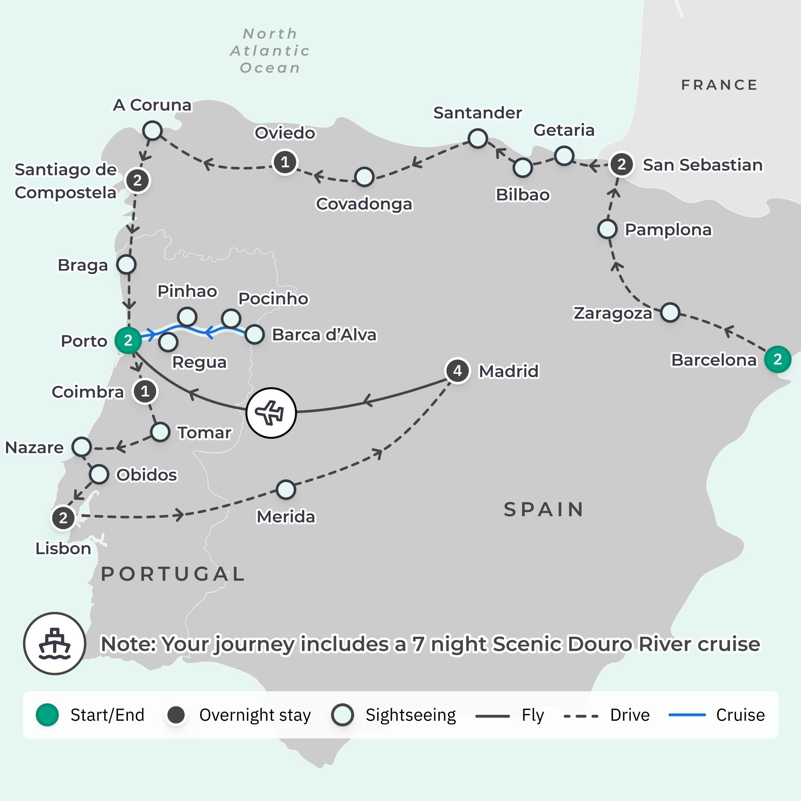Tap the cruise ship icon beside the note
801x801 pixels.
(54, 643)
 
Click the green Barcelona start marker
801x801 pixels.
(777, 359)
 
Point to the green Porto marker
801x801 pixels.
(128, 340)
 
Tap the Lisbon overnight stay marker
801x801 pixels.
(63, 518)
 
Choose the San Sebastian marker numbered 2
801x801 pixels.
(621, 165)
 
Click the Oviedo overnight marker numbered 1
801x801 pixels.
(285, 162)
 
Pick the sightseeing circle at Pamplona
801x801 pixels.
(607, 229)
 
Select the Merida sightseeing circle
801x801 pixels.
(286, 489)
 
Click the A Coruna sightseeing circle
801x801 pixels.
(152, 131)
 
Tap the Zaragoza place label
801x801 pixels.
(612, 313)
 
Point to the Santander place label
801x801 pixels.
(477, 113)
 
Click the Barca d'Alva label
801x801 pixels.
(324, 334)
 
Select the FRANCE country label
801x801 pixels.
(719, 85)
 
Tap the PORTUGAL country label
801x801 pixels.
(173, 574)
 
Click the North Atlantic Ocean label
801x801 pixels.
(270, 50)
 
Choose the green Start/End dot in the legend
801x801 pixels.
(47, 715)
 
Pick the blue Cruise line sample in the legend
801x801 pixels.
(687, 715)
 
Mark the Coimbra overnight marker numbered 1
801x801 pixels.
(145, 391)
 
